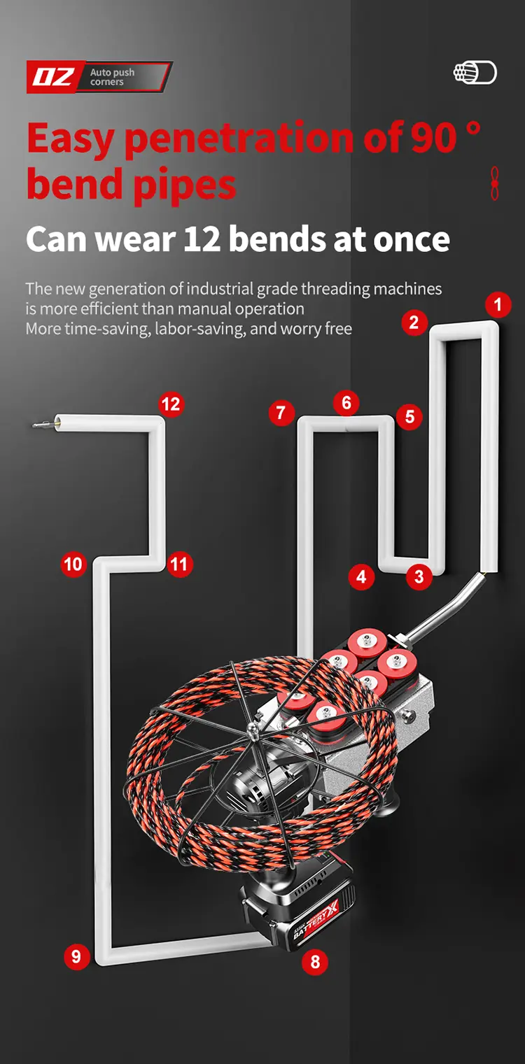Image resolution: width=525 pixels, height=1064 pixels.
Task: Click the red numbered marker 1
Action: [498, 305]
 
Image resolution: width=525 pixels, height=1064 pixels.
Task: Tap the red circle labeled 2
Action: [414, 322]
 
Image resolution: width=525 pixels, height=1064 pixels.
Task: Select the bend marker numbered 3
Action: [419, 577]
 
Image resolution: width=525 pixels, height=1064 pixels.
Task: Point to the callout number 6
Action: [346, 403]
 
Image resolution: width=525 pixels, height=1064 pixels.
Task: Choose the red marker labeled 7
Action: [281, 413]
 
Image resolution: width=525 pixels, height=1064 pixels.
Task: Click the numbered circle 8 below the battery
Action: [315, 962]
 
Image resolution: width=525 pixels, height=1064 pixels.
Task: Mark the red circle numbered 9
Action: [76, 956]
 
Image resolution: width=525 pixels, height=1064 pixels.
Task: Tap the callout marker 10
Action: [73, 564]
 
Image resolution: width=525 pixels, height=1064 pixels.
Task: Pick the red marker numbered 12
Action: [170, 404]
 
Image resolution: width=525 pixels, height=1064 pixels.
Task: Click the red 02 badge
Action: [53, 77]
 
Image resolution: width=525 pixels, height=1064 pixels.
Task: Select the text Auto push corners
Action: [112, 77]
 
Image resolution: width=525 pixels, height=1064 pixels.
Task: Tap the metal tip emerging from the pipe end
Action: [43, 423]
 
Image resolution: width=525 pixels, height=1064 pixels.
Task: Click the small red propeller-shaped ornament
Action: [495, 184]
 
